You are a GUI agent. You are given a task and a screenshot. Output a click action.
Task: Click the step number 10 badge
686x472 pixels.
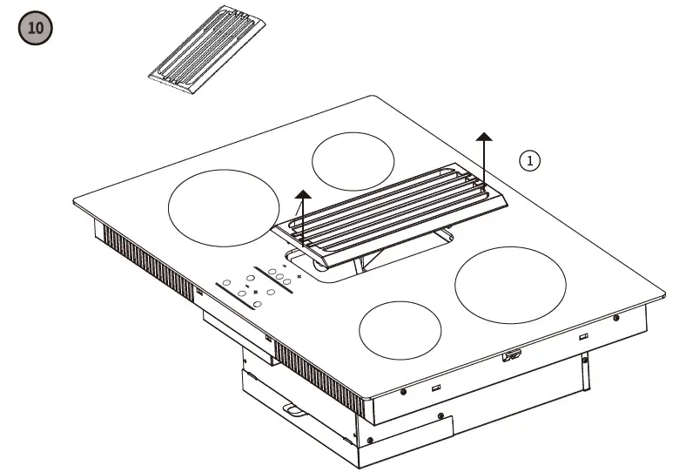[x=35, y=28]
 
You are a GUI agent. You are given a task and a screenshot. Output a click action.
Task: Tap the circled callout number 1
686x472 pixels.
[x=530, y=160]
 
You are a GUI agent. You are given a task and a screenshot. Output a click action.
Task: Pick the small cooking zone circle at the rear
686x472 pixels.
[x=353, y=161]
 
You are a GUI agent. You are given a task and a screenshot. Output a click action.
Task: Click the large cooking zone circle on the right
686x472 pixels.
[x=510, y=282]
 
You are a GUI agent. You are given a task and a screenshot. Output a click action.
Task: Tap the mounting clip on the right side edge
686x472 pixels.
[x=510, y=355]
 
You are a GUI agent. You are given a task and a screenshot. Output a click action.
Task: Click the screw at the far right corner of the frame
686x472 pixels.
[x=615, y=317]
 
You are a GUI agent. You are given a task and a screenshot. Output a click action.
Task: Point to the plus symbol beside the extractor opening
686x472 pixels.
[x=299, y=276]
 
